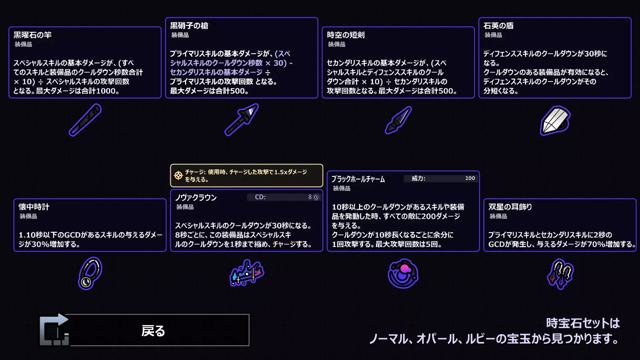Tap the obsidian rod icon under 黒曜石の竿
pyautogui.click(x=85, y=120)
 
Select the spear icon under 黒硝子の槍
pyautogui.click(x=242, y=119)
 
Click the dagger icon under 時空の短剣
pyautogui.click(x=398, y=120)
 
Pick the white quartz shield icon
pyautogui.click(x=555, y=120)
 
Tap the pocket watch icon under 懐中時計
pyautogui.click(x=90, y=273)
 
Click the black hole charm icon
pyautogui.click(x=403, y=273)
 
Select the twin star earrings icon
pyautogui.click(x=560, y=274)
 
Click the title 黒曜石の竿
pyautogui.click(x=33, y=35)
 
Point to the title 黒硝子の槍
pyautogui.click(x=189, y=26)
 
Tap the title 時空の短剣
pyautogui.click(x=346, y=35)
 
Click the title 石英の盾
pyautogui.click(x=498, y=26)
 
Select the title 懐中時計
pyautogui.click(x=34, y=207)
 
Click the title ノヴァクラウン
pyautogui.click(x=196, y=198)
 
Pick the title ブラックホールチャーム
pyautogui.click(x=358, y=179)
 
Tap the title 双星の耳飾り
pyautogui.click(x=510, y=207)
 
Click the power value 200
pyautogui.click(x=470, y=178)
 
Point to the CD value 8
pyautogui.click(x=310, y=197)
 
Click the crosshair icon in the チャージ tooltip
pyautogui.click(x=178, y=175)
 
